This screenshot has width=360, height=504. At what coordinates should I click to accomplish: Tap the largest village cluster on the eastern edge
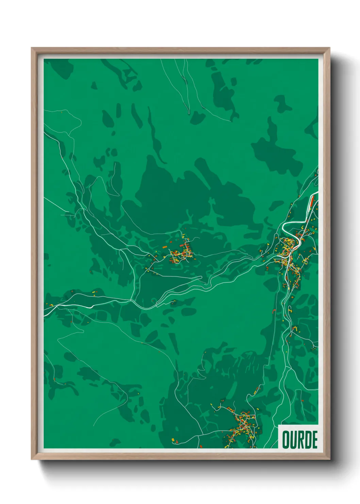pyautogui.click(x=289, y=254)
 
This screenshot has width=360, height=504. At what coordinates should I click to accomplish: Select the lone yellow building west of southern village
pyautogui.click(x=173, y=440)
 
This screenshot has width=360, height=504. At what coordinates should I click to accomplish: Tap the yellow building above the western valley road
pyautogui.click(x=94, y=292)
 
